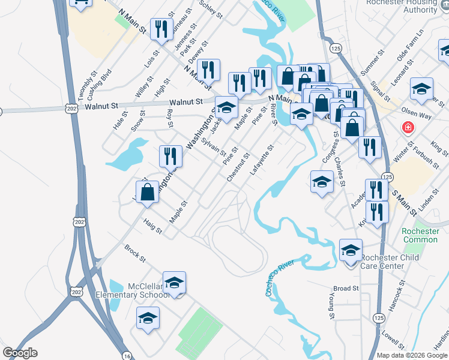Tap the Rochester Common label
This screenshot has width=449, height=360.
[x=420, y=235]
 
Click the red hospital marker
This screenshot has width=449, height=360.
[x=408, y=128]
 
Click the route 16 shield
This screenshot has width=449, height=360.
[x=125, y=355]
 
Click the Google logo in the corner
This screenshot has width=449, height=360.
[x=20, y=353]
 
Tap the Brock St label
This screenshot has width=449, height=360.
[x=135, y=253]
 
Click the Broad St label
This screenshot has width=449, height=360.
[x=346, y=289]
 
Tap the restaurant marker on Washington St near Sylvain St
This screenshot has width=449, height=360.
[x=170, y=157]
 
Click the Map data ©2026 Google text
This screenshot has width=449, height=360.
[x=412, y=355]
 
